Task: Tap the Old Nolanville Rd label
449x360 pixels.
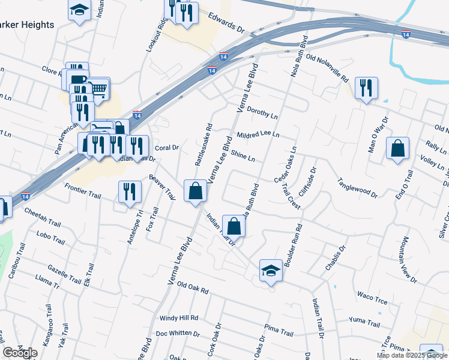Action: pos(327,68)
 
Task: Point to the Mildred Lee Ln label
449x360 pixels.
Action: pos(258,135)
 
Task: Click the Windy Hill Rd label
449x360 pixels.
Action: pos(178,318)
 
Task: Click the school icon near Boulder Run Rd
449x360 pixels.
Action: pos(271,270)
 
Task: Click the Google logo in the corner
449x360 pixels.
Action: pos(20,353)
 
